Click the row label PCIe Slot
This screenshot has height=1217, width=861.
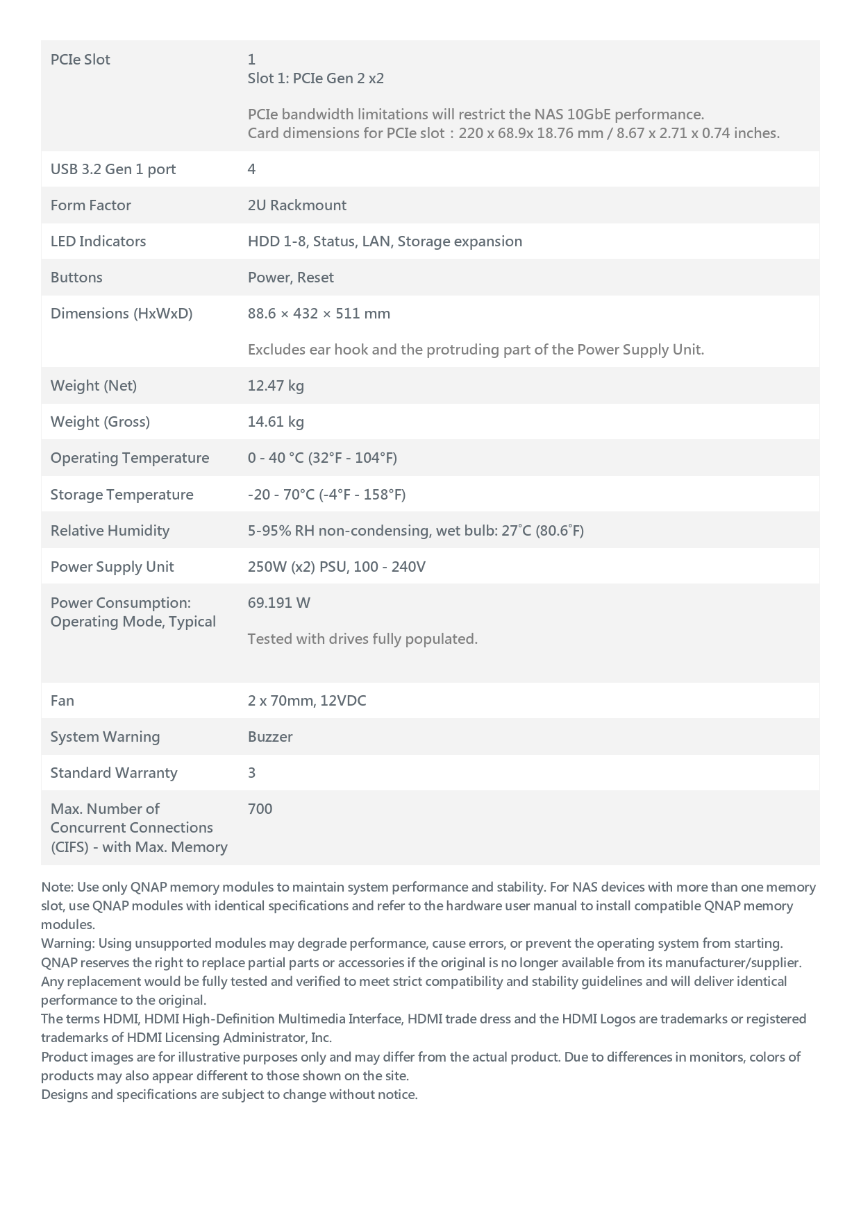click(80, 60)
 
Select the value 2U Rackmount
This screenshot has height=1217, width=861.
click(296, 205)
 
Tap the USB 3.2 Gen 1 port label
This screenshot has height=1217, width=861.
click(112, 169)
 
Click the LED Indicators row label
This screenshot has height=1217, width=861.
click(98, 241)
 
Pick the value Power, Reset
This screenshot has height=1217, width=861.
click(290, 278)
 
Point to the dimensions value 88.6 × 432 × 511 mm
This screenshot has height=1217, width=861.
click(319, 314)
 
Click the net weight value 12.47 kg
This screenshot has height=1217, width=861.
click(276, 386)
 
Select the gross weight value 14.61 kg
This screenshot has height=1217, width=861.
click(276, 422)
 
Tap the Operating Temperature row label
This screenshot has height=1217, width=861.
click(129, 458)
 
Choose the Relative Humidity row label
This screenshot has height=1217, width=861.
click(110, 531)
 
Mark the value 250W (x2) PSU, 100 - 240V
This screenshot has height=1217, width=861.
click(336, 567)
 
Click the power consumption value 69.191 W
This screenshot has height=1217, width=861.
click(278, 603)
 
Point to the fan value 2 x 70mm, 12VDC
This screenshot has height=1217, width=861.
click(306, 701)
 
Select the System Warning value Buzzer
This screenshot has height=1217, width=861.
click(270, 737)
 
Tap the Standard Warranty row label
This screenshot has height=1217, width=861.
click(113, 773)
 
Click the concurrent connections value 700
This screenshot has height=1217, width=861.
click(260, 809)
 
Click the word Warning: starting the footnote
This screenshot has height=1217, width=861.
click(67, 944)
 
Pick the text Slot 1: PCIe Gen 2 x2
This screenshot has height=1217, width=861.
click(315, 78)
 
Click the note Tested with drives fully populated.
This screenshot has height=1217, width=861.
click(362, 639)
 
